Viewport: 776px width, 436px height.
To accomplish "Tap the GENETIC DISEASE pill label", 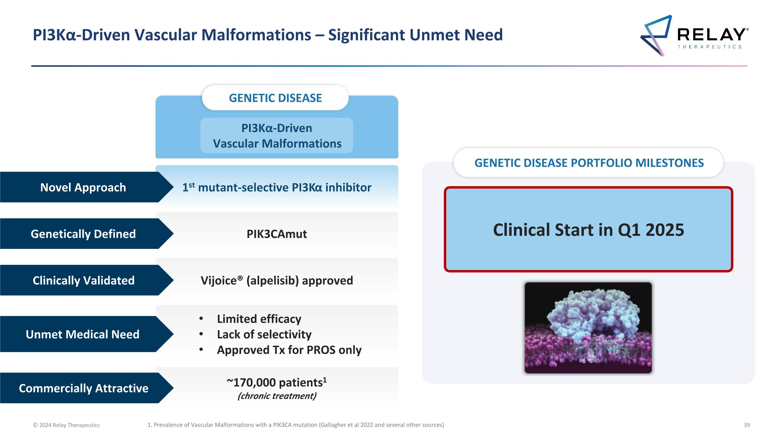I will click(x=275, y=98).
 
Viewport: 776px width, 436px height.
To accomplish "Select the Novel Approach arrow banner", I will click(x=83, y=187).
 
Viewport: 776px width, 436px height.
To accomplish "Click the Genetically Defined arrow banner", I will click(x=83, y=234).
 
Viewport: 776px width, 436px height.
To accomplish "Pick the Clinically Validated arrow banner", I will click(x=83, y=280).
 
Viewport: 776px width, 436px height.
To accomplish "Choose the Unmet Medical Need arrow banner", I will click(x=83, y=334).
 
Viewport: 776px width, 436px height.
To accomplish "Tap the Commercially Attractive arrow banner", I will click(x=84, y=388).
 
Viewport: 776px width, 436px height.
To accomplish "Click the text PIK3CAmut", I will click(x=277, y=234).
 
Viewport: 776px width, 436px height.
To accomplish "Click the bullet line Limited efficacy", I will click(x=259, y=319).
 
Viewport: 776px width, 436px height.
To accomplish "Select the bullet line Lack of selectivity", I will click(x=264, y=334).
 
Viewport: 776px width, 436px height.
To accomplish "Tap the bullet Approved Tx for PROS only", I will click(x=289, y=350).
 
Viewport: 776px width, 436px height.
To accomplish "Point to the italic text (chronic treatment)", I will click(x=277, y=396).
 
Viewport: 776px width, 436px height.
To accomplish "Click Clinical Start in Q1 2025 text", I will click(x=588, y=230).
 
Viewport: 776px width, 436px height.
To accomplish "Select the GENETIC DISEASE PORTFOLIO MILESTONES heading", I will click(x=589, y=163).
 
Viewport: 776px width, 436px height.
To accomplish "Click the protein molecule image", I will click(x=588, y=328).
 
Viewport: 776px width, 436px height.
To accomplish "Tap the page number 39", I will click(x=747, y=425).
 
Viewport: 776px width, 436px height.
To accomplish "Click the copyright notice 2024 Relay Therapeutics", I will click(x=66, y=425).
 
